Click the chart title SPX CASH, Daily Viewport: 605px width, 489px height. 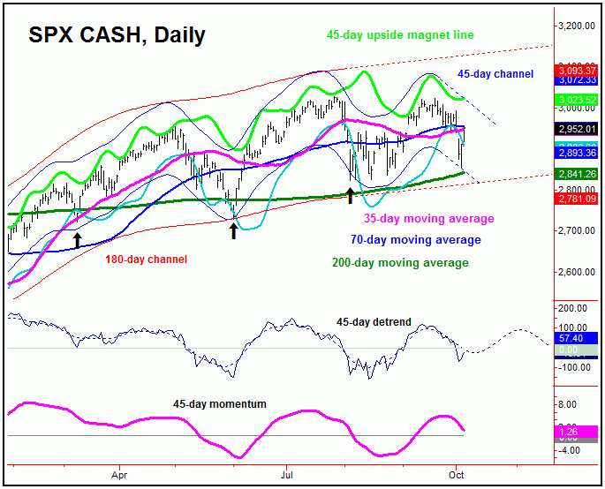coord(117,35)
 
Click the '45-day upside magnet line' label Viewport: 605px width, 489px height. coord(400,35)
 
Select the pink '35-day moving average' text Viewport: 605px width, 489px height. coord(429,219)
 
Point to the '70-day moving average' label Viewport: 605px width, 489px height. coord(415,240)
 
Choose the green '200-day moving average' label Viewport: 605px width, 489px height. coord(400,262)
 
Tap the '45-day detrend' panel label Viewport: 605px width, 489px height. coord(374,322)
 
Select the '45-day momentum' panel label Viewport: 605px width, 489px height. coord(219,404)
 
